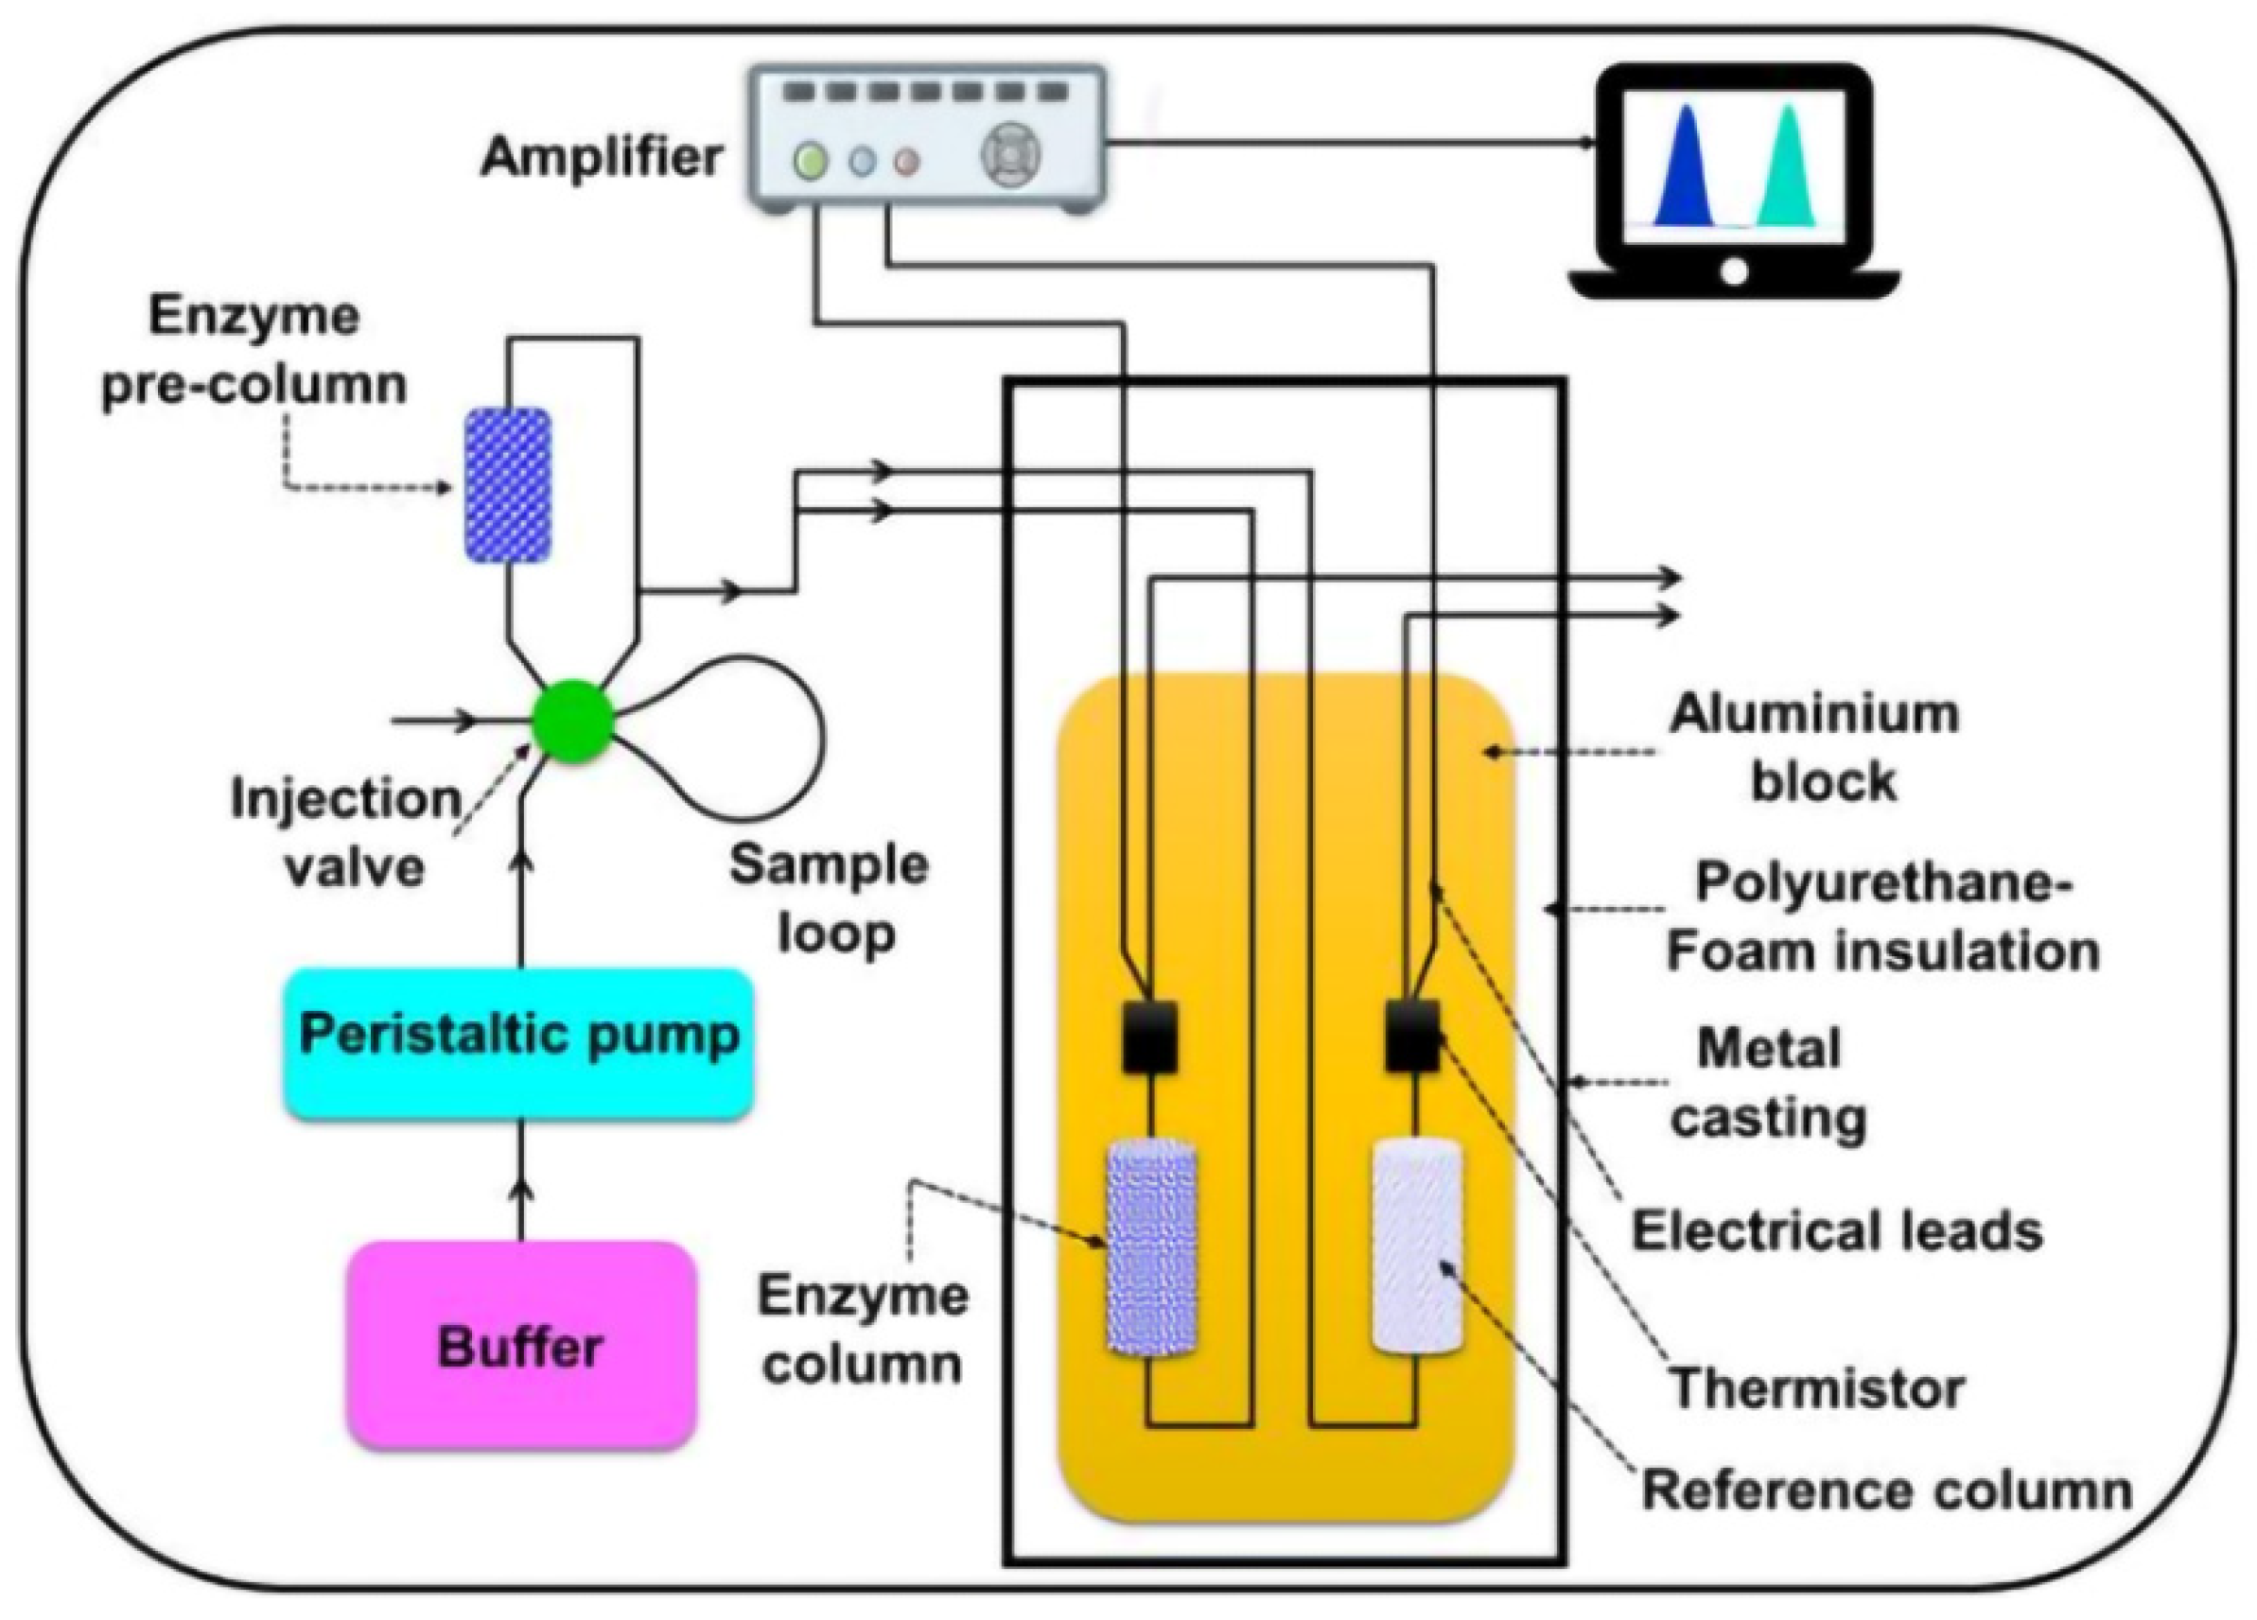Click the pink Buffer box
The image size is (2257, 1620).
(x=520, y=1346)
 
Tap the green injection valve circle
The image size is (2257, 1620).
(x=572, y=721)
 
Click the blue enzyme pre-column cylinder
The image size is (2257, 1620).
(x=508, y=484)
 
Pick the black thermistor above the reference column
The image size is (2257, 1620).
(x=1412, y=1035)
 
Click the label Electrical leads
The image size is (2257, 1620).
(x=1837, y=1231)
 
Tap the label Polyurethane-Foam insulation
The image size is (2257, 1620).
(x=1881, y=916)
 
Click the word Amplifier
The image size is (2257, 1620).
(x=601, y=157)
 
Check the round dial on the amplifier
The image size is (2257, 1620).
(x=1011, y=156)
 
